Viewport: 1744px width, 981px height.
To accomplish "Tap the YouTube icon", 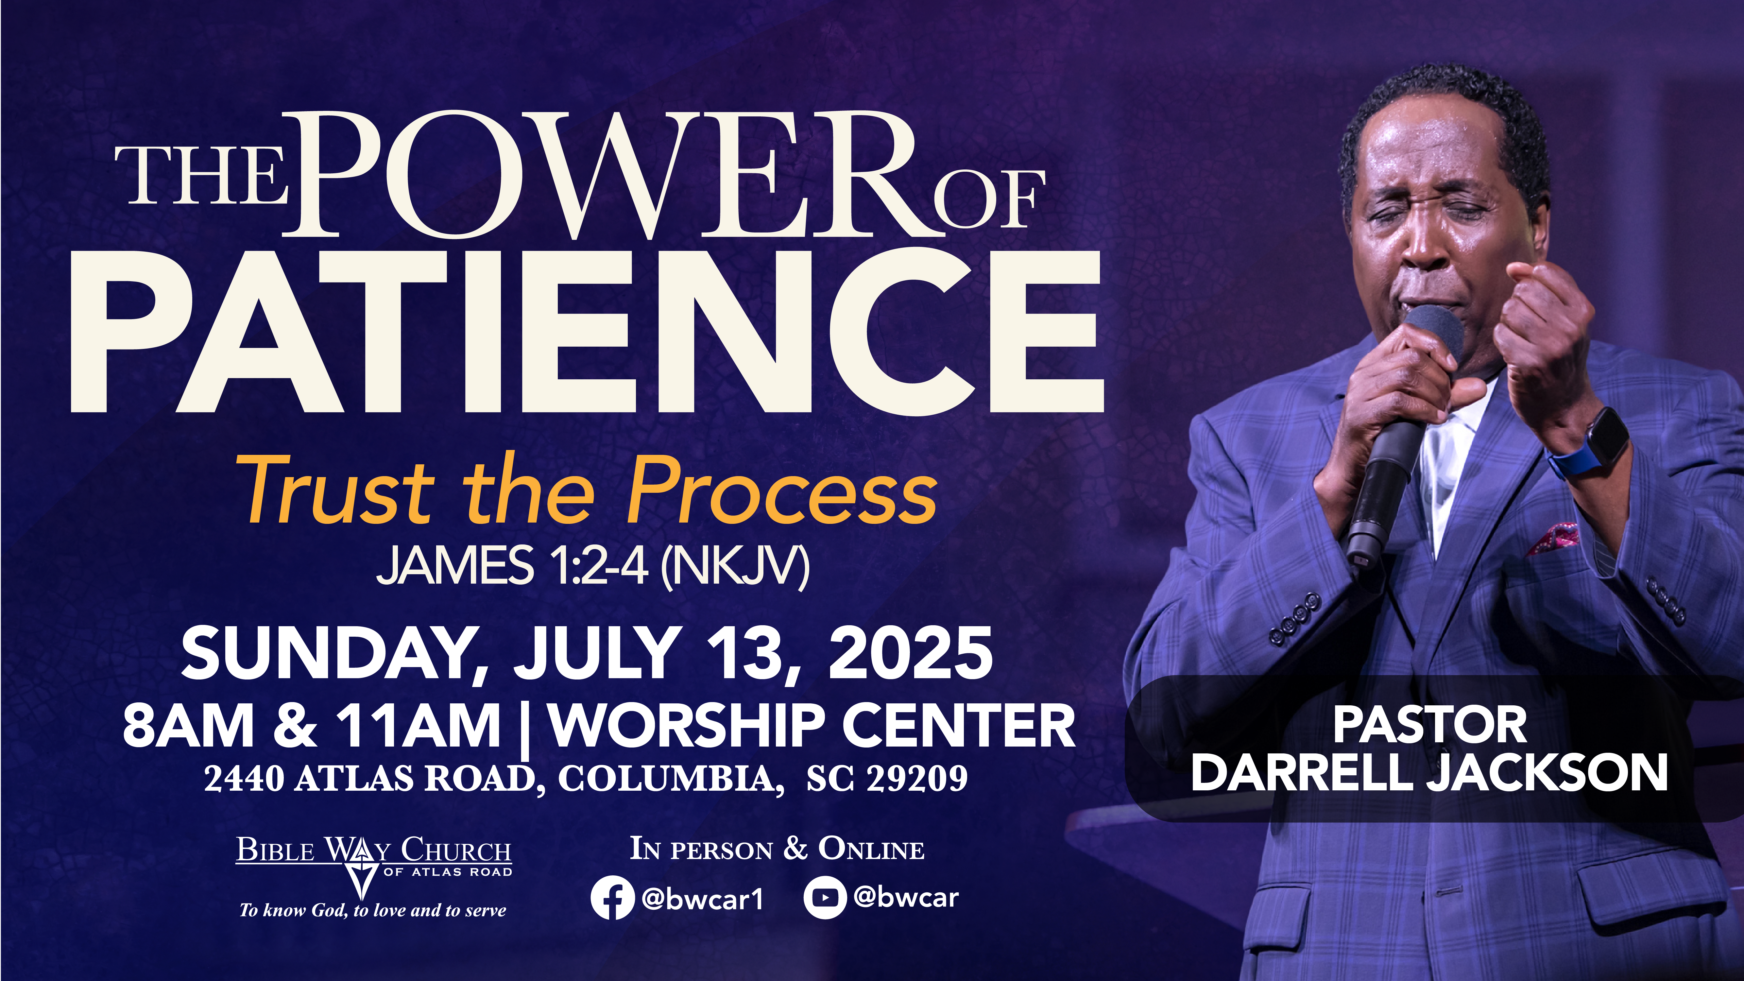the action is click(825, 898).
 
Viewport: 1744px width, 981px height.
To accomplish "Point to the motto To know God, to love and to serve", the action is click(373, 911).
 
